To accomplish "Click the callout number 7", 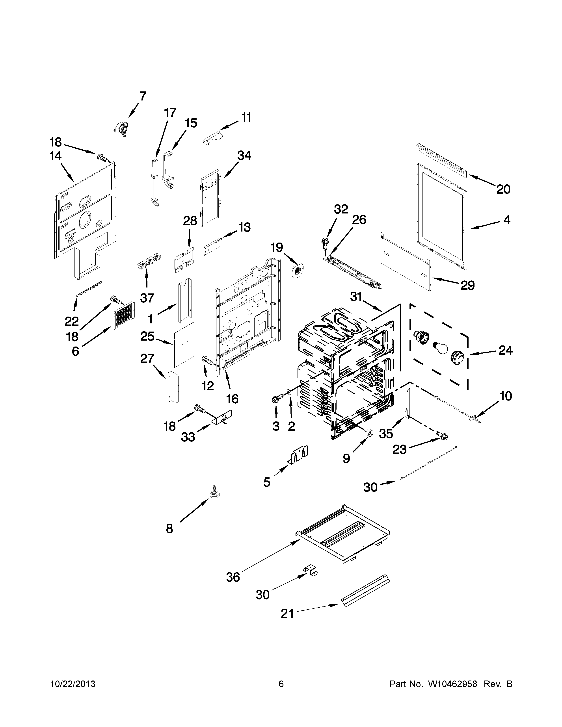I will coord(143,96).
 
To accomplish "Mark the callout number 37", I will coord(147,298).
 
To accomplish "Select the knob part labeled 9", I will coord(368,432).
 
